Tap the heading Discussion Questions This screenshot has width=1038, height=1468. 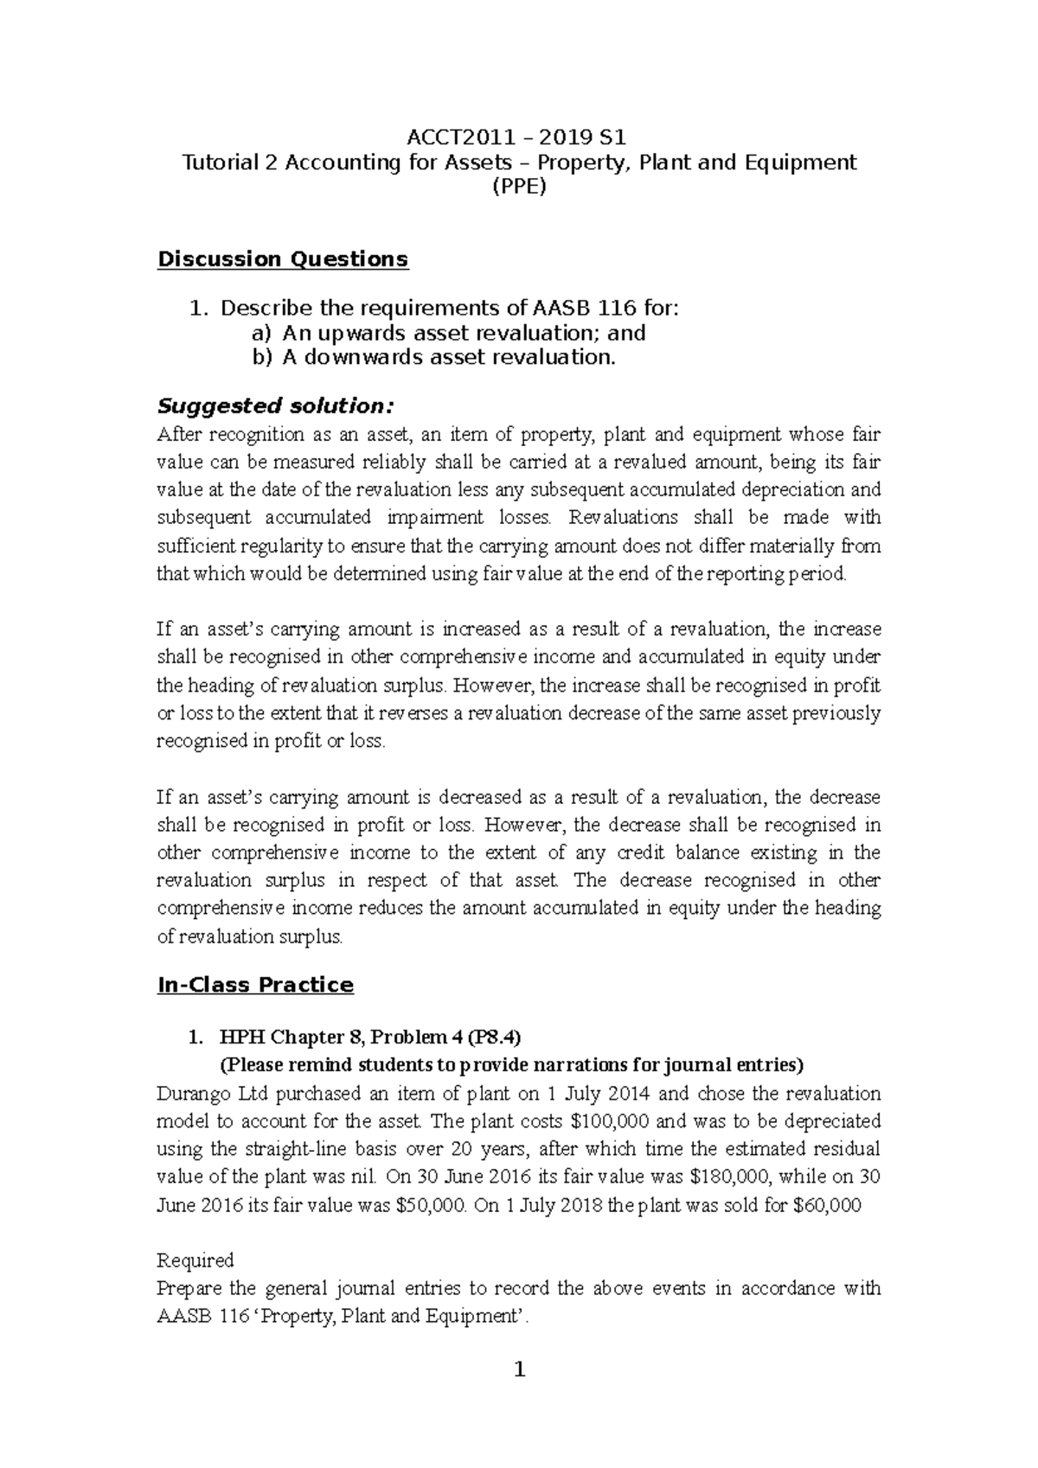(282, 259)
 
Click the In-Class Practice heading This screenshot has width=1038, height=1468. (255, 985)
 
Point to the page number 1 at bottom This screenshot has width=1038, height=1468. (519, 1369)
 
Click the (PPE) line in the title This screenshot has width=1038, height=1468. (519, 187)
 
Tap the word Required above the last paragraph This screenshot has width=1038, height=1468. (195, 1261)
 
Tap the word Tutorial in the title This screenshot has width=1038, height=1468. (216, 162)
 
